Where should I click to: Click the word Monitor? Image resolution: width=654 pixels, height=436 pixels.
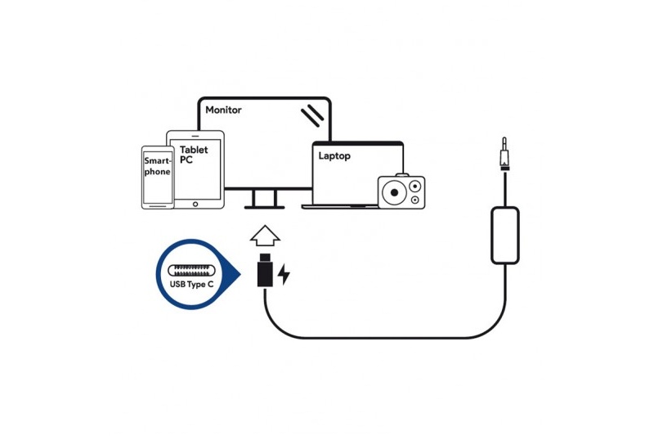point(223,110)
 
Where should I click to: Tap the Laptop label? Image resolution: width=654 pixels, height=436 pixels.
point(334,156)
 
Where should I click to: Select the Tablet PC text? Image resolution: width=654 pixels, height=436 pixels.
point(194,155)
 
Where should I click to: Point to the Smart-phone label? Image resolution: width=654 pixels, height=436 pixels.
point(158,166)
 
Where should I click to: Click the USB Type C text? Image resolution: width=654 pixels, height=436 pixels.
point(191,285)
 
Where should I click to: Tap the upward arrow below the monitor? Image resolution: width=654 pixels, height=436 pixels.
point(265,236)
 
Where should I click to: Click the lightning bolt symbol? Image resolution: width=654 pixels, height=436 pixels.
point(284,274)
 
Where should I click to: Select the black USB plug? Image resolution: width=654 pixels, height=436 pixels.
point(265,270)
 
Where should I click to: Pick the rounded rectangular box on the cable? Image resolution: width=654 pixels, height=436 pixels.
point(505,236)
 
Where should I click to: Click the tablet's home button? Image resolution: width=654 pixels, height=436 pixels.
point(195,204)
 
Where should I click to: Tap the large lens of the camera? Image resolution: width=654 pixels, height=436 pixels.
point(394,193)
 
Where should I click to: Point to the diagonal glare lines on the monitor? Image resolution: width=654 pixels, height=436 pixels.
point(312,115)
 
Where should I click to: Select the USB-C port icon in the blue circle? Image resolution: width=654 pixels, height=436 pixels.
point(191,271)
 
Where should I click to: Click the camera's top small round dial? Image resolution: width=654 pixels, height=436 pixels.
point(414,186)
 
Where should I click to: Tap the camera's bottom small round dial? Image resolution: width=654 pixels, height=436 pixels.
point(414,200)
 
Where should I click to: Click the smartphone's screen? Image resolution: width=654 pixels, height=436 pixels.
point(158,178)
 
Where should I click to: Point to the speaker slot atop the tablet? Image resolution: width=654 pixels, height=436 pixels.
point(195,136)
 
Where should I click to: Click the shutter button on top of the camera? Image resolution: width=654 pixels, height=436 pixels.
point(402,175)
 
